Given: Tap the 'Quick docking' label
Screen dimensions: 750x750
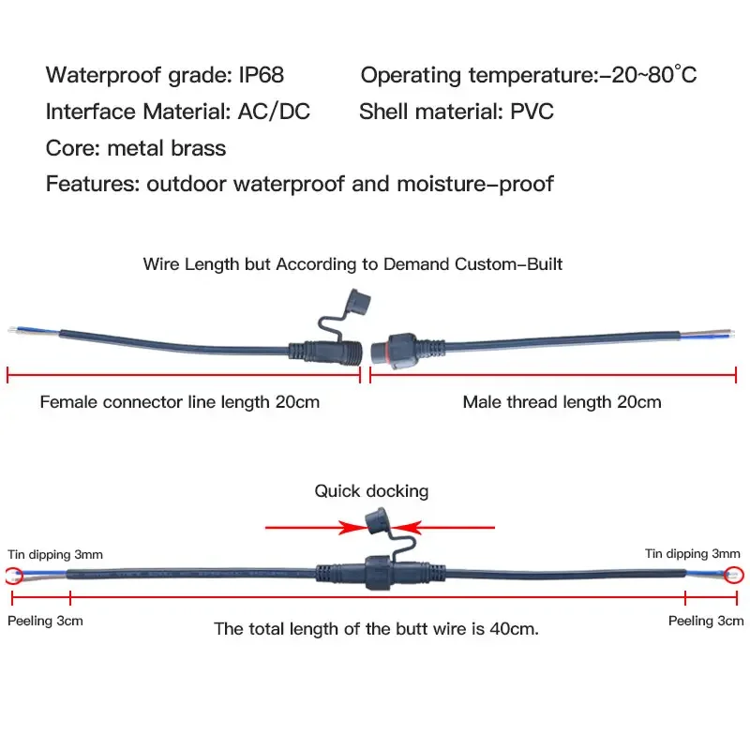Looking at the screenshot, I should click(x=371, y=490).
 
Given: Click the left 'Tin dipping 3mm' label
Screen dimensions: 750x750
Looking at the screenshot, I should click(x=56, y=554).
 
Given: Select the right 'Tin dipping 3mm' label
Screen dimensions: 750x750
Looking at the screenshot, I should click(x=692, y=554).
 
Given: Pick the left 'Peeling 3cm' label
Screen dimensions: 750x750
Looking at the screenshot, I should click(x=45, y=621).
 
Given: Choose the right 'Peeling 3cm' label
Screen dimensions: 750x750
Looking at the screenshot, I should click(x=705, y=621).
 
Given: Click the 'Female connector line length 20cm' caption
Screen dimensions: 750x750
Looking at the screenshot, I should click(x=179, y=402).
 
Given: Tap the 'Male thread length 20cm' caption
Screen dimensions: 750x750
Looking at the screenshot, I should click(x=562, y=402).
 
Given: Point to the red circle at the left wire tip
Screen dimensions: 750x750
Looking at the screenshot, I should click(x=14, y=575).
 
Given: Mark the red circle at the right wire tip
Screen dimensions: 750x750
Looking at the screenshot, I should click(x=734, y=575).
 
